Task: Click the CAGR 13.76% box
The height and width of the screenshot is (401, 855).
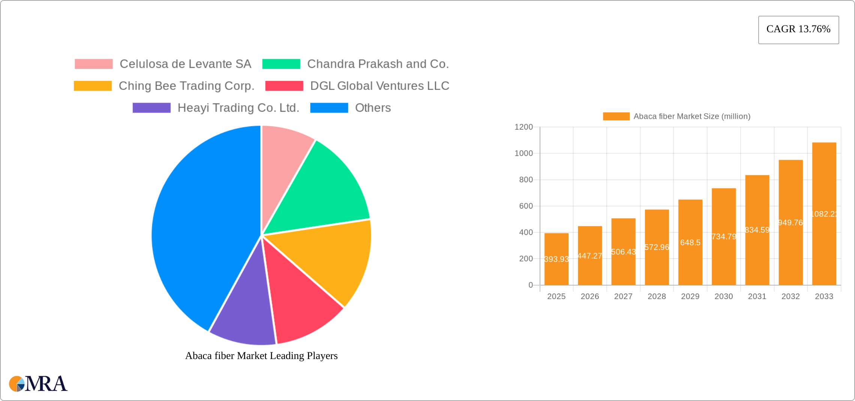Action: (x=798, y=30)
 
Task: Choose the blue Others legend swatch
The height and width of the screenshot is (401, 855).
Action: (x=329, y=108)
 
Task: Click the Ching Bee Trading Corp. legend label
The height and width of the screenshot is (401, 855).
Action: (x=186, y=86)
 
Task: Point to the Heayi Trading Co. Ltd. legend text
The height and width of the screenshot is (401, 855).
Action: (x=238, y=108)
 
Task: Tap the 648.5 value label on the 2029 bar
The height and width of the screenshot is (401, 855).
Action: (x=690, y=242)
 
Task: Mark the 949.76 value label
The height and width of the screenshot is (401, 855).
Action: (x=790, y=223)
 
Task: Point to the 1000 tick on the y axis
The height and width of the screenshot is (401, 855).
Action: (x=523, y=153)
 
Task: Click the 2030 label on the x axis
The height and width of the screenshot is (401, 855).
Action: (x=723, y=296)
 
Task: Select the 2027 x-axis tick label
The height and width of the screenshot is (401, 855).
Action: (x=623, y=296)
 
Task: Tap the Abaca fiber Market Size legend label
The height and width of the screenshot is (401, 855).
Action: (x=691, y=117)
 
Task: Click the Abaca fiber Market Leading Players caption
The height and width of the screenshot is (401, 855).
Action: (x=261, y=356)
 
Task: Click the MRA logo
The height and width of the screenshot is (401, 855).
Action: (x=38, y=384)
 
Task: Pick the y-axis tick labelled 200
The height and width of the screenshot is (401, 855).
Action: (x=526, y=259)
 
